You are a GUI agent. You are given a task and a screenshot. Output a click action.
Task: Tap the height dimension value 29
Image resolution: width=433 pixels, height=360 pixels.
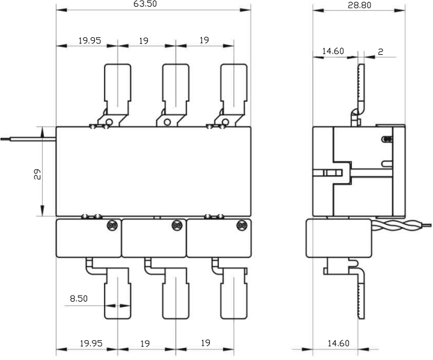point(37,175)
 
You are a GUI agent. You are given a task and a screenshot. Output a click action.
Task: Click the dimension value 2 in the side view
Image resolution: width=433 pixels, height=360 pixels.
point(381,52)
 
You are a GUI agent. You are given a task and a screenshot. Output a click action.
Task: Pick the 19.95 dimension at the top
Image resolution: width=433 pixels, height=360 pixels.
point(90,41)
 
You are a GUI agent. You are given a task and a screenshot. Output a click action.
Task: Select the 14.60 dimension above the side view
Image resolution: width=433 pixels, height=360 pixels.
point(332,52)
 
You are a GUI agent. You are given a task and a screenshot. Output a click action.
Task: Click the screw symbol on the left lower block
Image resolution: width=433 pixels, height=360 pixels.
point(111,226)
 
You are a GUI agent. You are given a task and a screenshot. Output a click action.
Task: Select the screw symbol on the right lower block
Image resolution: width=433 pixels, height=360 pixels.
point(241,226)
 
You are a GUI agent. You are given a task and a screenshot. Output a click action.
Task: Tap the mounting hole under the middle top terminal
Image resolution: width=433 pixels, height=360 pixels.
point(167,122)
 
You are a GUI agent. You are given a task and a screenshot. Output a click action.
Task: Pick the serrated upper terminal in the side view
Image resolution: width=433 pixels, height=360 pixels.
point(361,87)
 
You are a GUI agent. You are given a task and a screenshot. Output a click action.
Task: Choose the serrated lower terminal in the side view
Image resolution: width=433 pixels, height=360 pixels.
point(361,295)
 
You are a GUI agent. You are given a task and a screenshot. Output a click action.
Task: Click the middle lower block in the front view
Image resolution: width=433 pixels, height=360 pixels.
point(153,238)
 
